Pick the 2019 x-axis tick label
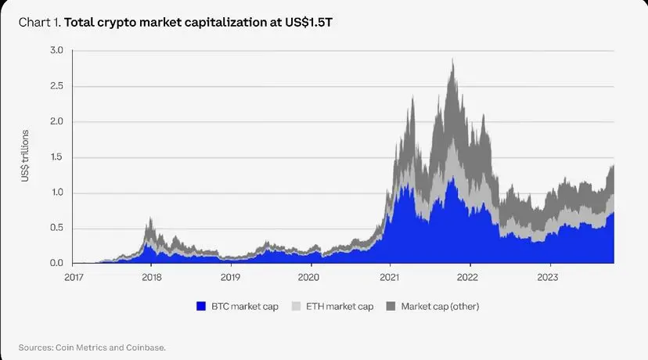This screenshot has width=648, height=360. [230, 277]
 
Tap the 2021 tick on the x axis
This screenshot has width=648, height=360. [389, 277]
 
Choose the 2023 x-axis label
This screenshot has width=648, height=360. [547, 277]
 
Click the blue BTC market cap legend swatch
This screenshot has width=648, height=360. [202, 306]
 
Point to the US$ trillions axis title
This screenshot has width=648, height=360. [26, 157]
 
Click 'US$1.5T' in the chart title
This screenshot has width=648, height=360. [311, 22]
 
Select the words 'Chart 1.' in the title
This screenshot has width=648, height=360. [38, 22]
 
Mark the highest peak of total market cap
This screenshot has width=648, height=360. [453, 59]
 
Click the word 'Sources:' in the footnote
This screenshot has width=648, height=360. [38, 346]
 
